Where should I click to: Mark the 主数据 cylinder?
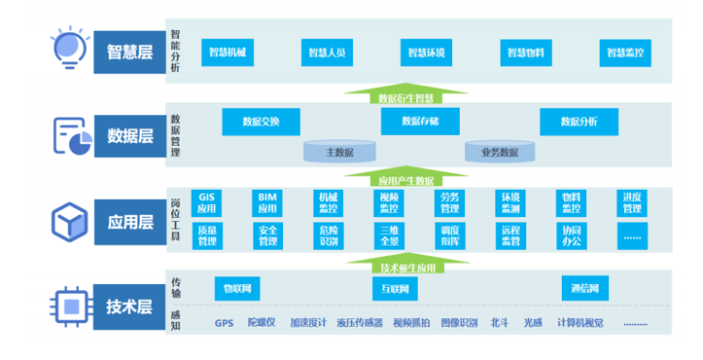tap(339, 151)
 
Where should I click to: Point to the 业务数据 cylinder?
tap(499, 151)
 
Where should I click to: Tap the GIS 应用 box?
tap(206, 202)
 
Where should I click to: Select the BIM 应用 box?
tap(267, 202)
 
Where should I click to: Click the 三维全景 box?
tap(389, 234)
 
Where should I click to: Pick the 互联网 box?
tap(395, 288)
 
